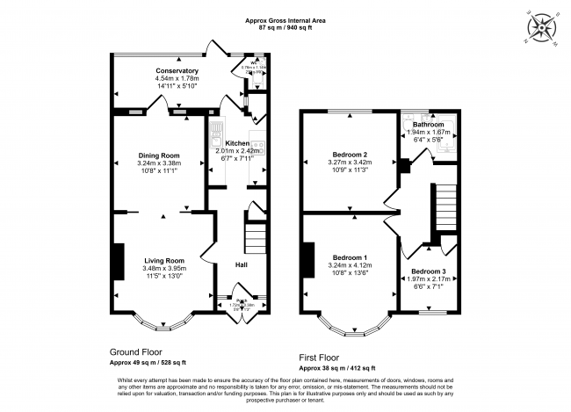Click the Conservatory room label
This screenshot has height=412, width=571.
pos(177,71)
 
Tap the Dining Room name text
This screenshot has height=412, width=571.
pos(158,155)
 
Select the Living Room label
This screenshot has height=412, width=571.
pos(164,260)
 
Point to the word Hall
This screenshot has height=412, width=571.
pos(240,264)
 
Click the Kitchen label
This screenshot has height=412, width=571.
pos(237,142)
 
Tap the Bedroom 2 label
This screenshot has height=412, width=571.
pos(347,155)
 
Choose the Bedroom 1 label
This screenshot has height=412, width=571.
pos(347,257)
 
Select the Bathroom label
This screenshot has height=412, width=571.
pos(429,125)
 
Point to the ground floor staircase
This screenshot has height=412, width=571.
pos(254,235)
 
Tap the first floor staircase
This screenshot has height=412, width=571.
pos(446,206)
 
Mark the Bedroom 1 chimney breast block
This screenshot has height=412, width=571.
pos(307,258)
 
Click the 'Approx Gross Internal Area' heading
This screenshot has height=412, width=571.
pos(285,19)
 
